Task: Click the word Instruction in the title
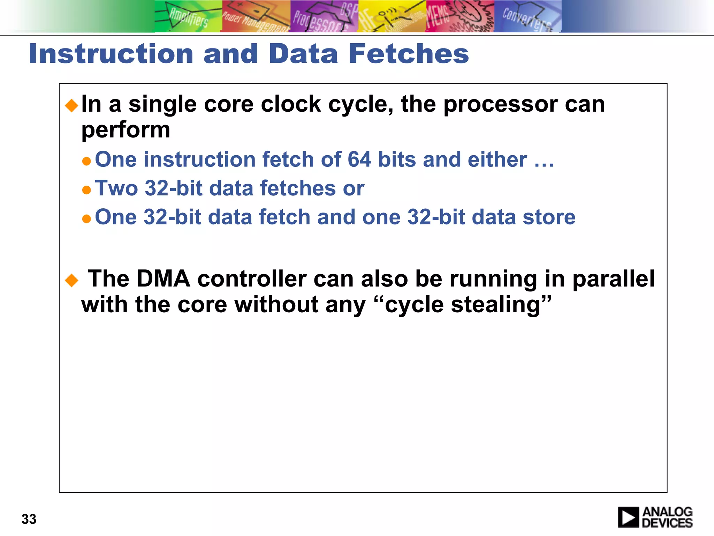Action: tap(111, 54)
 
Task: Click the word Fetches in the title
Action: tap(409, 54)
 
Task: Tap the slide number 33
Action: tap(29, 519)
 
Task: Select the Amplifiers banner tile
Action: tap(188, 16)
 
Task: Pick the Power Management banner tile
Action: tap(256, 16)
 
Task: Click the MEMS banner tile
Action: tap(459, 16)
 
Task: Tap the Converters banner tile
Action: tap(527, 16)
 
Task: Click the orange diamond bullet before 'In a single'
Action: tap(72, 105)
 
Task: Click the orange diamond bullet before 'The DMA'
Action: tap(72, 280)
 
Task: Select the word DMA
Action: tap(163, 279)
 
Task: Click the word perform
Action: tap(126, 130)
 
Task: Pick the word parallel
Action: tap(613, 279)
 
